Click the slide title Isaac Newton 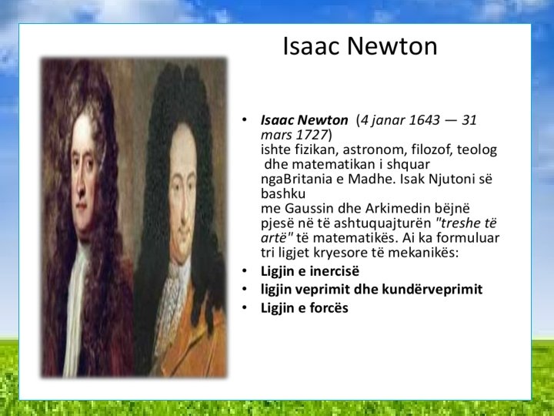pos(360,46)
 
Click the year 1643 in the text pos(424,120)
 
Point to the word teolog pos(477,150)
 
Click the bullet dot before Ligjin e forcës pos(245,307)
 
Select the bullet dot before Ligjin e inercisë pos(245,271)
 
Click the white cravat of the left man pos(75,304)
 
